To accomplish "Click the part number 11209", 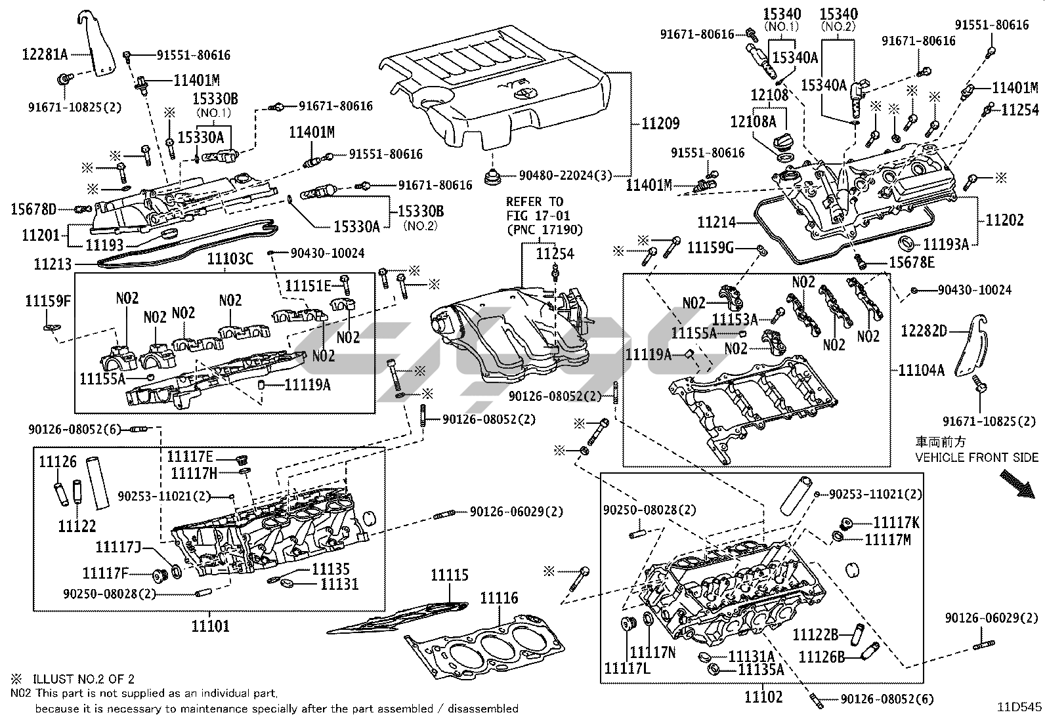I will click(x=660, y=123).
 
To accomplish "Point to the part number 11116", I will click(x=499, y=598).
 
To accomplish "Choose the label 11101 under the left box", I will click(x=210, y=626).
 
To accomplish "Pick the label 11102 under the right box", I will click(x=763, y=697).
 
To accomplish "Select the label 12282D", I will click(x=924, y=331).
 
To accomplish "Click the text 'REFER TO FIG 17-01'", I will click(x=538, y=208).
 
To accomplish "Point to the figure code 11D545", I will click(x=1019, y=707).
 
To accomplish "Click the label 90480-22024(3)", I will click(x=565, y=175).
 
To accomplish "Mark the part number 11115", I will click(x=450, y=575).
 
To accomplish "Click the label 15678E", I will click(x=910, y=262).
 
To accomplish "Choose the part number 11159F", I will click(x=48, y=301).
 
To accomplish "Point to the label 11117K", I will click(x=896, y=522).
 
